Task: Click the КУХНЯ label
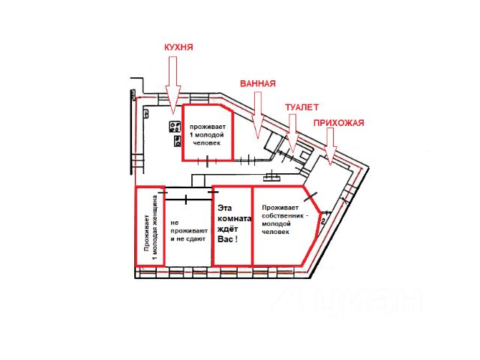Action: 179,47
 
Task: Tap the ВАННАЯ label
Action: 258,83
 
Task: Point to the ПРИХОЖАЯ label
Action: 338,123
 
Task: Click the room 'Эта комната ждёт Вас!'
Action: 232,225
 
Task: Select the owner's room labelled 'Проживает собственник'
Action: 281,225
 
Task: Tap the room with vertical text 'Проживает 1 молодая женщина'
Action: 148,225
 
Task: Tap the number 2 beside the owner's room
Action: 322,221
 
